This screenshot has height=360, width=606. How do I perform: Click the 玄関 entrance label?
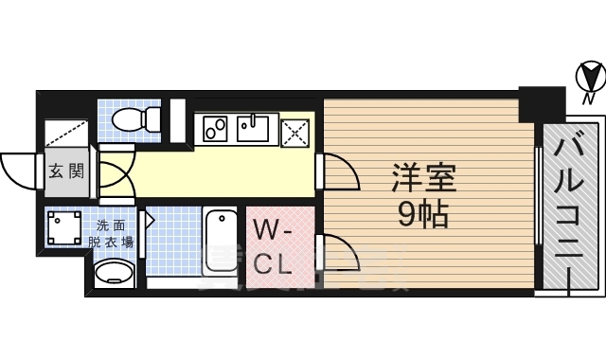[66, 171]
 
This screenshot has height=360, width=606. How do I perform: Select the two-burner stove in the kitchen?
[212, 126]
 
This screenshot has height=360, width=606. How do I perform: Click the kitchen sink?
[255, 126]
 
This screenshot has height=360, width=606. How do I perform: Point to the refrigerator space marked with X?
[295, 130]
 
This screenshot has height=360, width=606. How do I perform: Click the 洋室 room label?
[423, 178]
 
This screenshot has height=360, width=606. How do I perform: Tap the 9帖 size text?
[421, 214]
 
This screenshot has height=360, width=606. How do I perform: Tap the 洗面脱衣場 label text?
[111, 234]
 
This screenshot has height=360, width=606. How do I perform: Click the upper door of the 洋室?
[339, 171]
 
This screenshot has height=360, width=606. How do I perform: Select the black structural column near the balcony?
[541, 102]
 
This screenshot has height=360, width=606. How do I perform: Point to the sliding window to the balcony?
[536, 208]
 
